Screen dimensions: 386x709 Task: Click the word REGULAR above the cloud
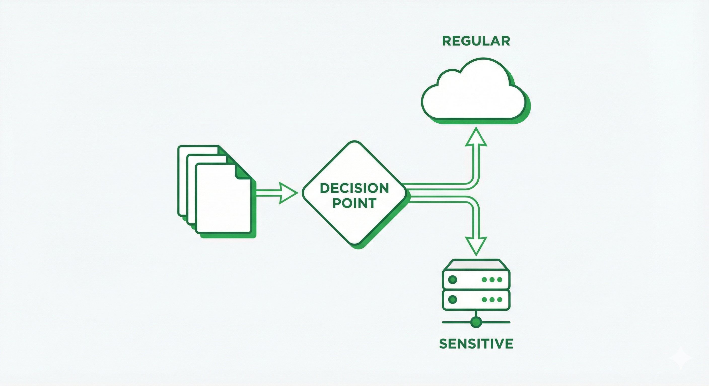pyautogui.click(x=476, y=41)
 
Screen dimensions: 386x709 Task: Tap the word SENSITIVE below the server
pyautogui.click(x=476, y=344)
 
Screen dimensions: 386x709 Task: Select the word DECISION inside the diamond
pyautogui.click(x=354, y=188)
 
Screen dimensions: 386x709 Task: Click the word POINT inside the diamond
pyautogui.click(x=354, y=203)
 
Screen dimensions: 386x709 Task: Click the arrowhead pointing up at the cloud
pyautogui.click(x=476, y=137)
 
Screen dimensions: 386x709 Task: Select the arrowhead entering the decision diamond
pyautogui.click(x=288, y=193)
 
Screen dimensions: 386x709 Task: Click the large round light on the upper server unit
pyautogui.click(x=452, y=280)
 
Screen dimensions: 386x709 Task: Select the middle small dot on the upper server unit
pyautogui.click(x=492, y=280)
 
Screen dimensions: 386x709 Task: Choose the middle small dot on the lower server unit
pyautogui.click(x=492, y=300)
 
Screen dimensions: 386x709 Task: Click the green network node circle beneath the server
pyautogui.click(x=476, y=322)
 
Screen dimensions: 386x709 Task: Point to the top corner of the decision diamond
pyautogui.click(x=354, y=143)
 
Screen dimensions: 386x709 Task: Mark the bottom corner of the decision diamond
pyautogui.click(x=354, y=244)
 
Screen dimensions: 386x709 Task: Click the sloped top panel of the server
pyautogui.click(x=476, y=264)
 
